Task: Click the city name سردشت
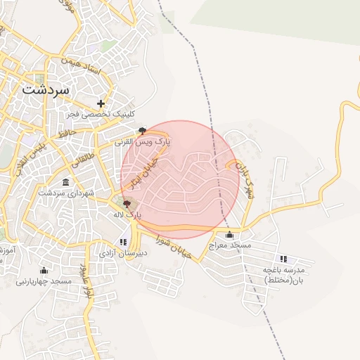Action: point(46,90)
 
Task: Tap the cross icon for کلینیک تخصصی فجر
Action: point(101,103)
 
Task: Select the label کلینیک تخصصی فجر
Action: point(101,114)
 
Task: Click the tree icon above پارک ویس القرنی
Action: point(143,131)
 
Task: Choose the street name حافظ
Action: point(67,132)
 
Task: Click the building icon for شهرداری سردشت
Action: point(65,183)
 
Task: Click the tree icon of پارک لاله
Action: point(127,203)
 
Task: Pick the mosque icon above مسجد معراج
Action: point(229,235)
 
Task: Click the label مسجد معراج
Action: point(229,245)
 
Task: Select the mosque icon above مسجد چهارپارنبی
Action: point(44,271)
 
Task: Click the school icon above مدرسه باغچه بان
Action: point(283,259)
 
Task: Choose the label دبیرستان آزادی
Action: point(124,252)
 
